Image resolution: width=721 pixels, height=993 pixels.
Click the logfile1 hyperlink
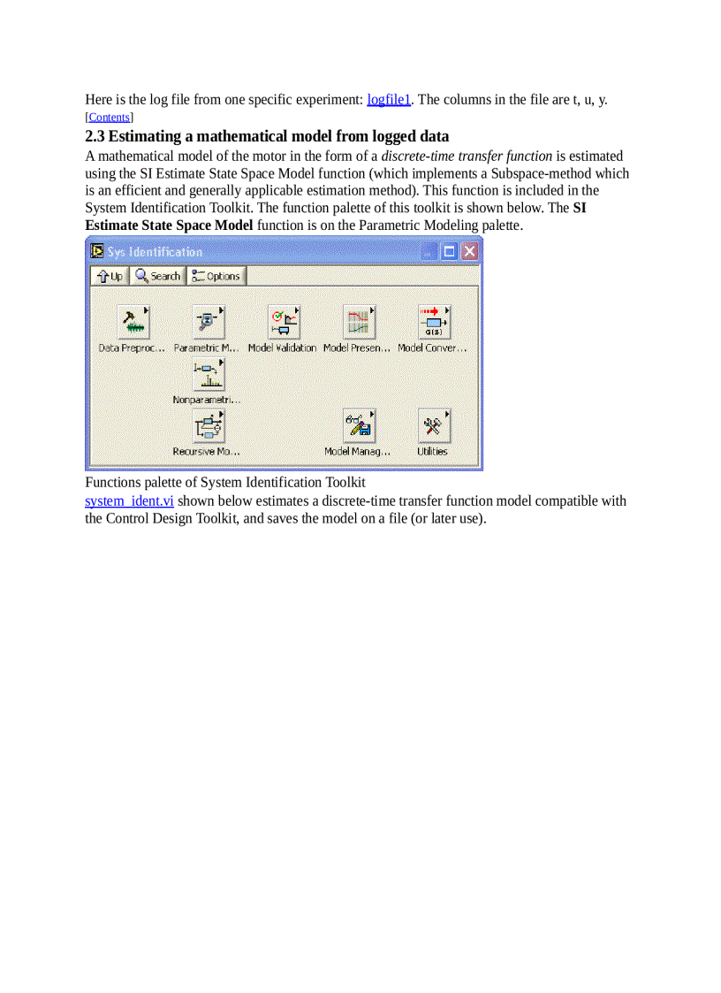(389, 99)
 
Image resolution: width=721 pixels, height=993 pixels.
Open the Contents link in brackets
(109, 117)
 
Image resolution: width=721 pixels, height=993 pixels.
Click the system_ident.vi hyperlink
(129, 501)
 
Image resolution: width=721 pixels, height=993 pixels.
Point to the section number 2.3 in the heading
(95, 136)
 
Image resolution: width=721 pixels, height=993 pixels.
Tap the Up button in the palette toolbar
(110, 276)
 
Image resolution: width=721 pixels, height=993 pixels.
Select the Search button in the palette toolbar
(158, 276)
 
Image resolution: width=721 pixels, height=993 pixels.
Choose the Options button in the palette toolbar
(216, 276)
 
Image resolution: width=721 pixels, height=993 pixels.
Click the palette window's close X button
(469, 252)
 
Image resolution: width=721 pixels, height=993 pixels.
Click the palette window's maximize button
(450, 252)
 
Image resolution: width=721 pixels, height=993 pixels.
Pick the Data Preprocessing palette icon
(133, 323)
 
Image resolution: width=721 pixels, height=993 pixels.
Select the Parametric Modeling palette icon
(209, 323)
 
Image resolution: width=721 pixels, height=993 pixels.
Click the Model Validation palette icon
(284, 323)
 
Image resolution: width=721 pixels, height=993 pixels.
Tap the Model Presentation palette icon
(359, 323)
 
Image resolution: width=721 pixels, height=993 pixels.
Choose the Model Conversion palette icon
(434, 323)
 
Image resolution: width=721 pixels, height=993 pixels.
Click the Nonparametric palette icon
(209, 375)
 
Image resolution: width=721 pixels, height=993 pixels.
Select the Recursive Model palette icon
(209, 426)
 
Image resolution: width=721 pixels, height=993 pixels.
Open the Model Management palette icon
(359, 426)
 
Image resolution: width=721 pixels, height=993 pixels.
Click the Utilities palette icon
(434, 426)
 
